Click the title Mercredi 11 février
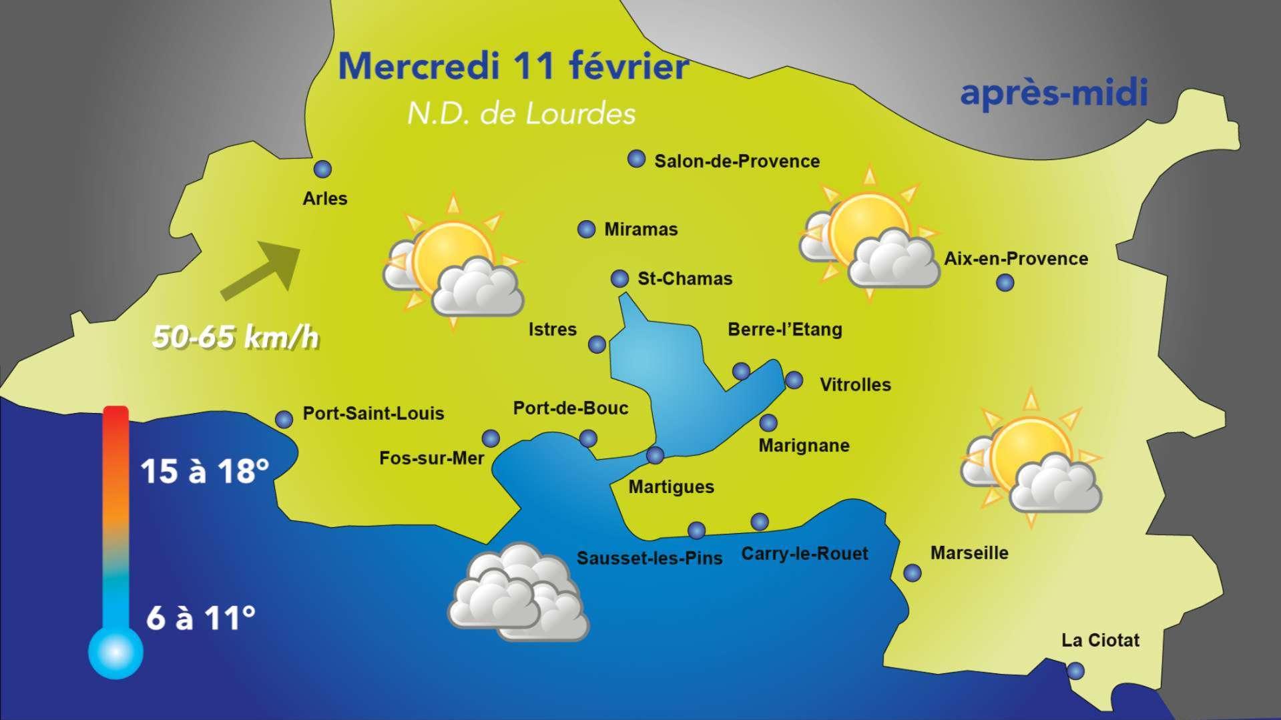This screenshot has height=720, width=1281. pyautogui.click(x=513, y=67)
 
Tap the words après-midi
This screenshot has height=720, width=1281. pyautogui.click(x=1053, y=93)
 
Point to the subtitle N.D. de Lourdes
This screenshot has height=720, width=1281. pyautogui.click(x=521, y=114)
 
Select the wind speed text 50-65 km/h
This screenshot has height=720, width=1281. pyautogui.click(x=236, y=337)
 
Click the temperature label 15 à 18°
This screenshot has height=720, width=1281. pyautogui.click(x=204, y=471)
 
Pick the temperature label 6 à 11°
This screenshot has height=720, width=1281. pyautogui.click(x=200, y=619)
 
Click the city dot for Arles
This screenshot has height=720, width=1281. pyautogui.click(x=323, y=169)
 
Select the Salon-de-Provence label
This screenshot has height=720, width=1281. pyautogui.click(x=737, y=161)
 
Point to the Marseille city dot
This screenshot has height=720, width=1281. pyautogui.click(x=912, y=573)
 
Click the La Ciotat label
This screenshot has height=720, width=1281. pyautogui.click(x=1100, y=641)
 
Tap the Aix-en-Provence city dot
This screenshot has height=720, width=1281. pyautogui.click(x=1005, y=283)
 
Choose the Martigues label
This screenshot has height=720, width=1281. pyautogui.click(x=671, y=487)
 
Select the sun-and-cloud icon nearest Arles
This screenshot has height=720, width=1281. pyautogui.click(x=453, y=263)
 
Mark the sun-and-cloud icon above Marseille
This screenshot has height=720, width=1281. pyautogui.click(x=1031, y=460)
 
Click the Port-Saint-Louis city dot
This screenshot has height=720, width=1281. pyautogui.click(x=284, y=419)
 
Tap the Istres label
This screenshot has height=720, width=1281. pyautogui.click(x=552, y=330)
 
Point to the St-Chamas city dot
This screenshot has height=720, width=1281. pyautogui.click(x=619, y=278)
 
